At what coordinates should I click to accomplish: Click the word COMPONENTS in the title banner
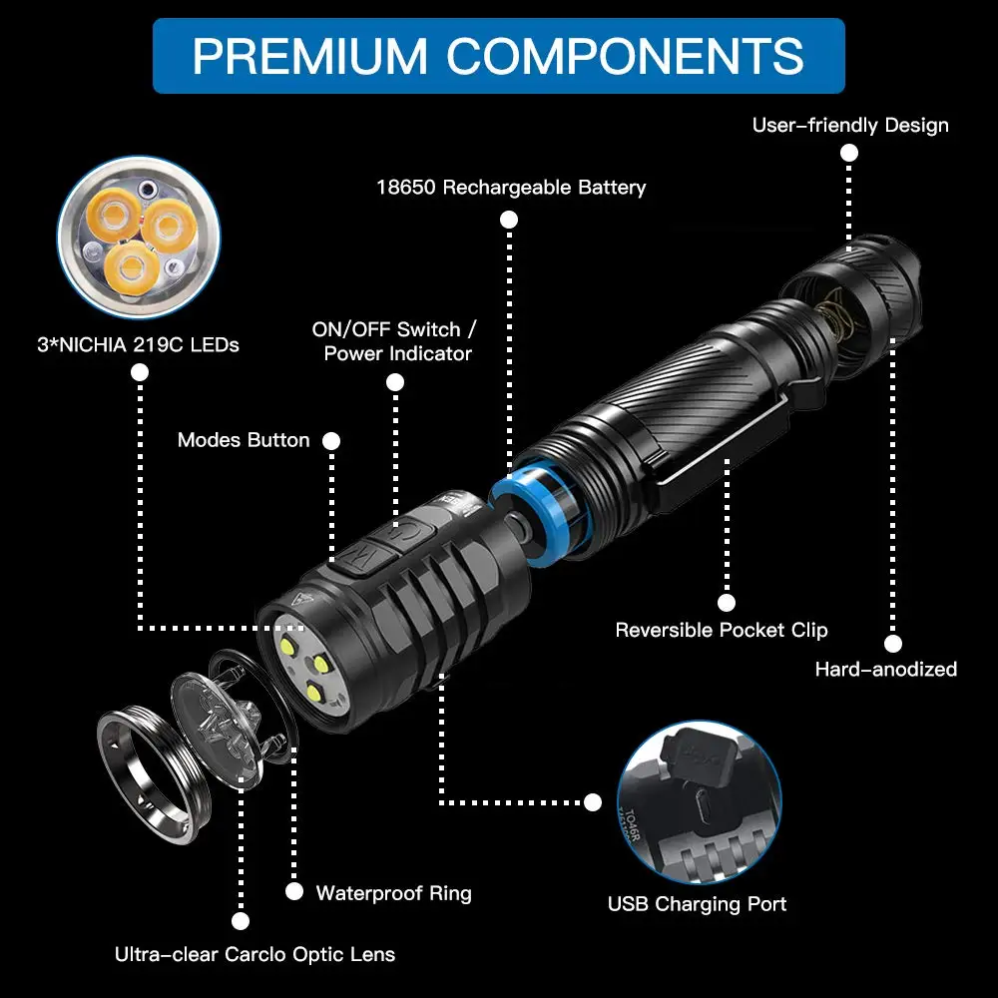(625, 56)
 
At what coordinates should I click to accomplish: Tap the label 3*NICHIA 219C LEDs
(139, 345)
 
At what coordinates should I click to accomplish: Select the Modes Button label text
(244, 440)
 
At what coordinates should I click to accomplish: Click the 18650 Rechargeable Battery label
(510, 187)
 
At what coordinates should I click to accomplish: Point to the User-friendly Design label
(849, 125)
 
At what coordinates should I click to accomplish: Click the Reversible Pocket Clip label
(721, 630)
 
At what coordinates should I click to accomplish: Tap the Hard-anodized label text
(885, 669)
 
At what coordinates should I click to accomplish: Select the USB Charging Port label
(697, 904)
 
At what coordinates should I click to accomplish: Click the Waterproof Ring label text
(393, 892)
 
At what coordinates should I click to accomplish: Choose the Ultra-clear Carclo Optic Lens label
(254, 954)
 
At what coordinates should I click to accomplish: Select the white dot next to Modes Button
(332, 440)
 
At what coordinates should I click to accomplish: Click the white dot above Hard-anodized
(893, 645)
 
